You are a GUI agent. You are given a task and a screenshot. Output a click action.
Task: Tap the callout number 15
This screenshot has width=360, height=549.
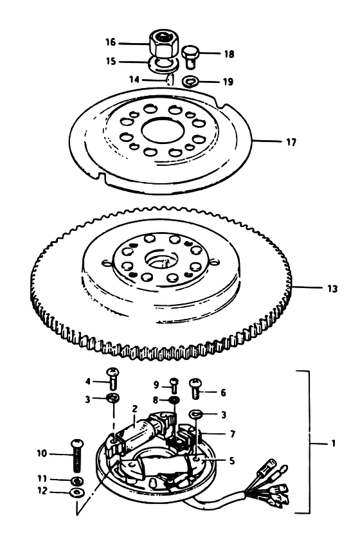coord(111,61)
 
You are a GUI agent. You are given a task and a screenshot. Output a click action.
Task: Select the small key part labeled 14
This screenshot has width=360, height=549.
coord(170,80)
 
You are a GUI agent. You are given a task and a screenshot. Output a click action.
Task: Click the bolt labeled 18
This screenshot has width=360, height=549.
coord(190,57)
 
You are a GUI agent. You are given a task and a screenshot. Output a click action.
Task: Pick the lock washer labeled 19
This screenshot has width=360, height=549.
coord(190,82)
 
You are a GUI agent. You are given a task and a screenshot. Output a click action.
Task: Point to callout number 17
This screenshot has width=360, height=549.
coord(291,142)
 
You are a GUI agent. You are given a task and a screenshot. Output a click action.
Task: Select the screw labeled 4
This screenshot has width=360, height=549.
coord(113,379)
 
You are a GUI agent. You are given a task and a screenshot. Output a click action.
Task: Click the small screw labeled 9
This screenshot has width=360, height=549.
coord(174,386)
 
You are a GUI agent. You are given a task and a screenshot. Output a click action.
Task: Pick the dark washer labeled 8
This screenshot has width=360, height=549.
coord(174,400)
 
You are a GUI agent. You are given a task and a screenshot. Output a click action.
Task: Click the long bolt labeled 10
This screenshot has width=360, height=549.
coord(77,455)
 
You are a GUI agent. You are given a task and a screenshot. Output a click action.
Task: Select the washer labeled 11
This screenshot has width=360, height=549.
coord(77,479)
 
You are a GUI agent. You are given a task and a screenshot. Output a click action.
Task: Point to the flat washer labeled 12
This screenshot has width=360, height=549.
coord(76,492)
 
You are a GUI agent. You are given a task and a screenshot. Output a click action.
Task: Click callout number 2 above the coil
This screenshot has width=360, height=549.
coord(135,409)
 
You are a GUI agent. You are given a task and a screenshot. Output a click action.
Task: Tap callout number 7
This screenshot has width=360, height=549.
coord(233,434)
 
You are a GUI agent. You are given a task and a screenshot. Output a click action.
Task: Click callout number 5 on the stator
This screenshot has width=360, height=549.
coord(232,461)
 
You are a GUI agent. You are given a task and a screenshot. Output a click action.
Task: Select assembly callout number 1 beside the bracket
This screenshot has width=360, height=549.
coord(333,444)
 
